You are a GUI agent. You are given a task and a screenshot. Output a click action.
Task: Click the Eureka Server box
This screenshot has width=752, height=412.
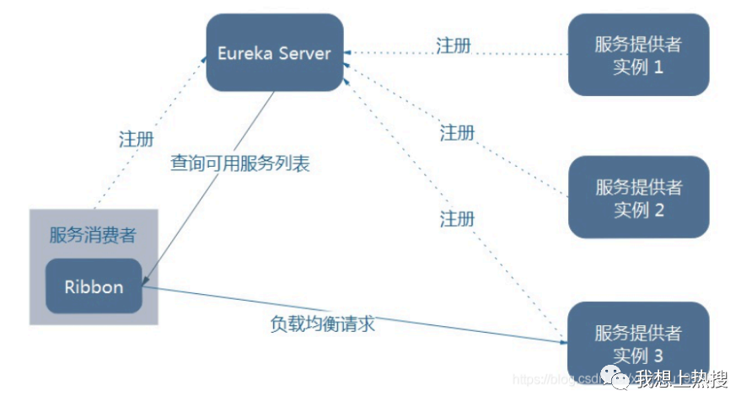tap(275, 52)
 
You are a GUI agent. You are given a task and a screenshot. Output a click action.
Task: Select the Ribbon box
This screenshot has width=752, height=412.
tap(94, 286)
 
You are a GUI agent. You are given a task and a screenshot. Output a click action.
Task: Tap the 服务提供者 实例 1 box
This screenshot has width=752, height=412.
tap(638, 55)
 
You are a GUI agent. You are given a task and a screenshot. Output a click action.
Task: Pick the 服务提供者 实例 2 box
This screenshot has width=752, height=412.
tap(638, 197)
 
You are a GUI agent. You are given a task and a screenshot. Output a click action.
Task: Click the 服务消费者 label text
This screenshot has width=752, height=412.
tap(93, 235)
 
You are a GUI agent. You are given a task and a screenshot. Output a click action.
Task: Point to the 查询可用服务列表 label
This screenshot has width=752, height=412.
tap(240, 163)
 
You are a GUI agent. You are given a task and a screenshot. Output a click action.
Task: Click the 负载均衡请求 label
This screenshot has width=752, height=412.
tap(322, 323)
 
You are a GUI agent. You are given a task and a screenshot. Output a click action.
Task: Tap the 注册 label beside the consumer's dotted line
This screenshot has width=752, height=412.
tap(137, 139)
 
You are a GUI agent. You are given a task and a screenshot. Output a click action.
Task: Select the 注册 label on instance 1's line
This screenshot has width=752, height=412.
tap(454, 45)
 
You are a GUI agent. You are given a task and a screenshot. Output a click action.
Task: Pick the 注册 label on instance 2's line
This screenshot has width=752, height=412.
tap(457, 132)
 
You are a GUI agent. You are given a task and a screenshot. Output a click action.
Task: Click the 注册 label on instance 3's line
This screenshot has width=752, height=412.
tap(457, 219)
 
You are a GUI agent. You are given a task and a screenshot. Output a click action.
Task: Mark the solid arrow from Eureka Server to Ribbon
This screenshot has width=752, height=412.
tap(211, 185)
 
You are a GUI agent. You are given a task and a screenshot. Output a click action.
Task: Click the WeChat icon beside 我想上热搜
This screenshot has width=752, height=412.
tap(619, 382)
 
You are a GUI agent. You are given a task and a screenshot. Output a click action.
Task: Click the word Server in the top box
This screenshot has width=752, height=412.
tap(301, 53)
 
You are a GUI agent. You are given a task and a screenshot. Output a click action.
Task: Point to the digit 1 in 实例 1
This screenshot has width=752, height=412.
tap(658, 67)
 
